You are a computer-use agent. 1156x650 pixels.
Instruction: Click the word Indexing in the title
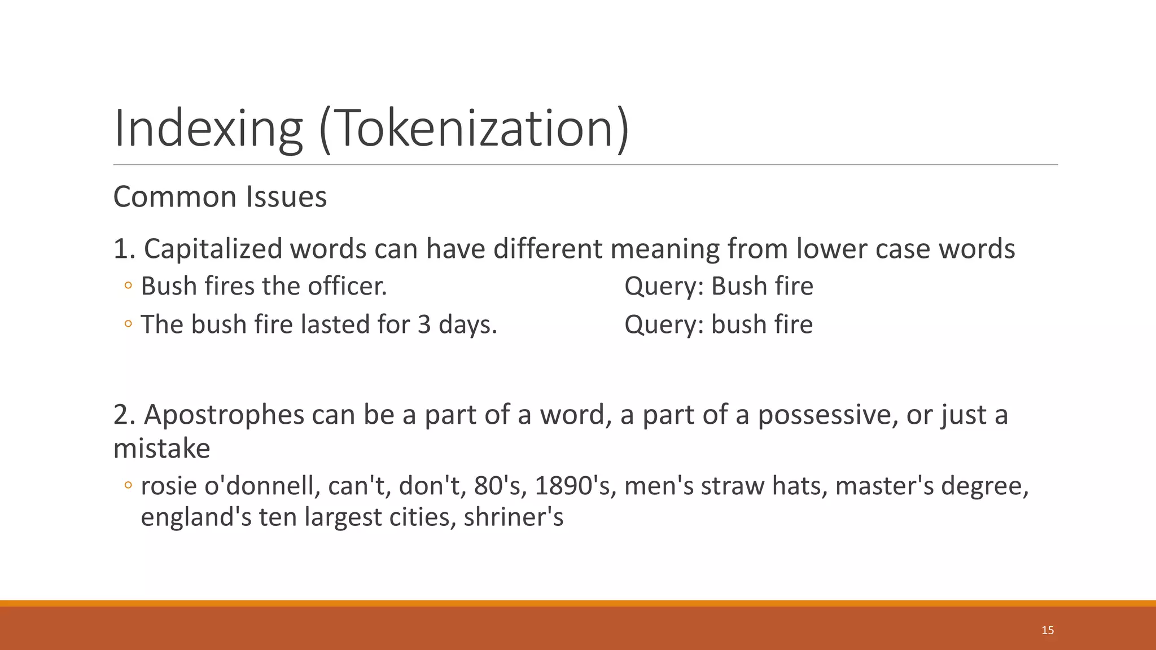click(208, 129)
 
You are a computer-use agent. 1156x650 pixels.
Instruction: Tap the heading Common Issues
click(220, 197)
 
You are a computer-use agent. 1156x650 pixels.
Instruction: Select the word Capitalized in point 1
click(213, 249)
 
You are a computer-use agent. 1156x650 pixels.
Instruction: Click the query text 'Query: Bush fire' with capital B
click(719, 286)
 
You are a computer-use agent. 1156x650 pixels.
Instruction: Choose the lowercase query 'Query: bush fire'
click(719, 324)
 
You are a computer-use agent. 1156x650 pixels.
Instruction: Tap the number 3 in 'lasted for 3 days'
click(424, 324)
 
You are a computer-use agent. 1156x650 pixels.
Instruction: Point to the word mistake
click(161, 449)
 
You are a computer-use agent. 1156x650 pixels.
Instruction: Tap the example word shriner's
click(514, 517)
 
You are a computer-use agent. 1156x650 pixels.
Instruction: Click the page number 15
click(1048, 630)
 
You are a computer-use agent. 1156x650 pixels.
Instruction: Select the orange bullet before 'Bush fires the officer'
click(128, 286)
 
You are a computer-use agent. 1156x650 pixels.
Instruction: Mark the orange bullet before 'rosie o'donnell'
click(128, 485)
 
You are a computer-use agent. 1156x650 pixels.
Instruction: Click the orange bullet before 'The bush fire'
click(128, 324)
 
